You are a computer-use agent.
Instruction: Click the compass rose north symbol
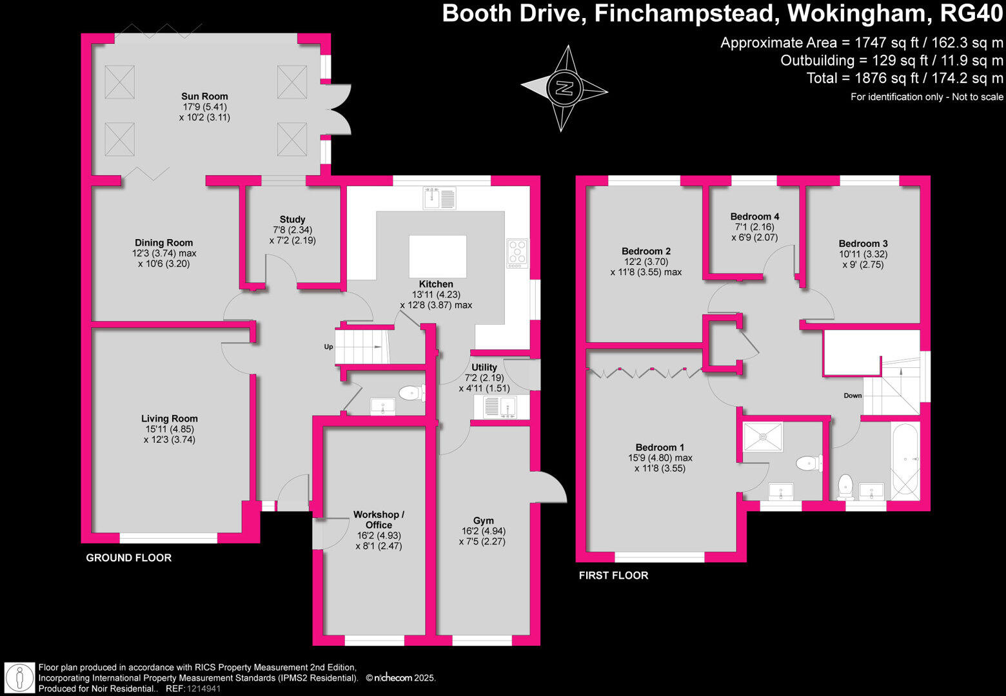(564, 88)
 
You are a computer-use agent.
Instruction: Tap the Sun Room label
(204, 96)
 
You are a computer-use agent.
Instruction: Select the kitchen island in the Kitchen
(437, 256)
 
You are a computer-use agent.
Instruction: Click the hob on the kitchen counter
(517, 253)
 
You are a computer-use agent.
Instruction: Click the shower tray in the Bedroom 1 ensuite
(763, 437)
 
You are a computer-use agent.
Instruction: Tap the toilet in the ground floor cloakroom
(411, 392)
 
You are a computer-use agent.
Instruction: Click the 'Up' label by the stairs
(328, 347)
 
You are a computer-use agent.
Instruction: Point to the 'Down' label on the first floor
(853, 396)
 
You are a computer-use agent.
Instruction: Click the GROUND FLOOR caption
(128, 557)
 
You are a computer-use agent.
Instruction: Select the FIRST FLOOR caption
(613, 575)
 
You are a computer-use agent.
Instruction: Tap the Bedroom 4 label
(754, 217)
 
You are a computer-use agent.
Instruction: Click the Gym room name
(483, 520)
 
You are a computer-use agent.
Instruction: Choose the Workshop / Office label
(379, 519)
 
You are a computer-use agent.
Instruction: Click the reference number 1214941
(204, 688)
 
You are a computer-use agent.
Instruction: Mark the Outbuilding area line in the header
(891, 61)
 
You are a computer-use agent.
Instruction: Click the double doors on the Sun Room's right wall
(340, 109)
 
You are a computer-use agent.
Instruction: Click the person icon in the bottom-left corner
(19, 677)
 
